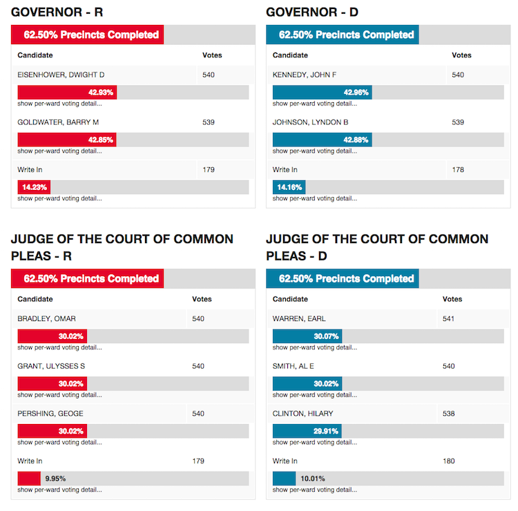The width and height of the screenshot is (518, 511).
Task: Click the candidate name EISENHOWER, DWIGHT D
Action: pyautogui.click(x=61, y=75)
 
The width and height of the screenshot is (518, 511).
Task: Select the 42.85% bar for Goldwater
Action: pyautogui.click(x=67, y=139)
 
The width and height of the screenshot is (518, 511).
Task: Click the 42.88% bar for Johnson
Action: pyautogui.click(x=323, y=139)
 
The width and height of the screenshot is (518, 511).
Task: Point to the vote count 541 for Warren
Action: pyautogui.click(x=449, y=318)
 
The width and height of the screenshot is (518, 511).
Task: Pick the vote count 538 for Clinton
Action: pyautogui.click(x=449, y=414)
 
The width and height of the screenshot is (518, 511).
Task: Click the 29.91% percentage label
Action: pyautogui.click(x=325, y=431)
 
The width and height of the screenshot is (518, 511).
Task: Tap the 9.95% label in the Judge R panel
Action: pyautogui.click(x=56, y=479)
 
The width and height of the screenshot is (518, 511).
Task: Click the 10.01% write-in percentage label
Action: pyautogui.click(x=311, y=479)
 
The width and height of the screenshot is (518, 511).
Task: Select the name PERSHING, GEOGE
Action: pyautogui.click(x=50, y=414)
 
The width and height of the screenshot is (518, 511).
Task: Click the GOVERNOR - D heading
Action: pyautogui.click(x=311, y=12)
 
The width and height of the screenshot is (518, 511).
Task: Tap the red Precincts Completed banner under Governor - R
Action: pyautogui.click(x=88, y=35)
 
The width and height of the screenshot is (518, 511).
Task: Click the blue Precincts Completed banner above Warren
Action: pyautogui.click(x=343, y=279)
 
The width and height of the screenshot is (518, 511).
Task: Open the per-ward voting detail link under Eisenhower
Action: pyautogui.click(x=59, y=104)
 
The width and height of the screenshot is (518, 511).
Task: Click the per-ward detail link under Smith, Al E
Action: pyautogui.click(x=315, y=395)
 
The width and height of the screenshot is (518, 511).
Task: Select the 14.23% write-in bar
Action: pyautogui.click(x=34, y=187)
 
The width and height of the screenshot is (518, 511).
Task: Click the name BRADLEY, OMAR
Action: pyautogui.click(x=46, y=318)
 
